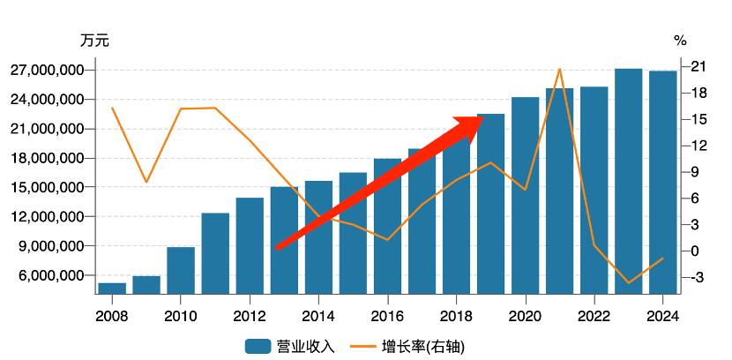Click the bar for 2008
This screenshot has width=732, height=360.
click(112, 289)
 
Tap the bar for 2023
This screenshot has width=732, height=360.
click(629, 181)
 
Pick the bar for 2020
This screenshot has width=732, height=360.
click(526, 196)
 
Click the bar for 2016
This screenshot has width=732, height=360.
click(387, 227)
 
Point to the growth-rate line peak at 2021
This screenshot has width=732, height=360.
click(560, 68)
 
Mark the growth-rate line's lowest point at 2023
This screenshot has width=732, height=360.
click(629, 283)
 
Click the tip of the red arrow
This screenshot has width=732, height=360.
click(482, 116)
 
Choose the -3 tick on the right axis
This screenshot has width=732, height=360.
click(697, 277)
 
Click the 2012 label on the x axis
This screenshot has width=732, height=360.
click(250, 317)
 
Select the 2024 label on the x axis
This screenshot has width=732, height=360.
click(663, 317)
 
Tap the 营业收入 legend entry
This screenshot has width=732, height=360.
click(290, 346)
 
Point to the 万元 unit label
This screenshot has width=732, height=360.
click(94, 41)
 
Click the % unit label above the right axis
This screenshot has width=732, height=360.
click(680, 41)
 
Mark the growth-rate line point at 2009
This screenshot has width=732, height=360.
click(146, 182)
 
